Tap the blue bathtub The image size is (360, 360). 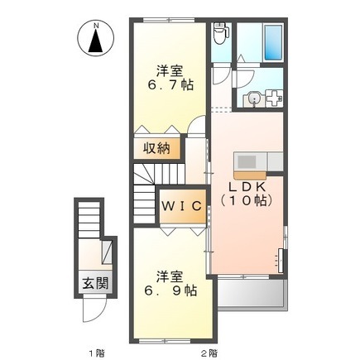(273, 42)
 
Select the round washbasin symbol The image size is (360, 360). (252, 98)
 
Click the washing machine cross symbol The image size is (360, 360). (274, 98)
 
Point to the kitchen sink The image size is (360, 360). (247, 161)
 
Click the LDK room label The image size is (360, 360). (247, 187)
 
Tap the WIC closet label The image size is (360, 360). (182, 206)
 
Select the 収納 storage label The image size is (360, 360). (156, 149)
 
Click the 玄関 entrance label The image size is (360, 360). (95, 283)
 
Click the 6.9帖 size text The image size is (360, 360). (171, 290)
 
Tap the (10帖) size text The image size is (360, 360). (247, 200)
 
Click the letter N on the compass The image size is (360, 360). (96, 26)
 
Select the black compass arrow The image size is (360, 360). (96, 41)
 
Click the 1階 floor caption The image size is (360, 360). (97, 353)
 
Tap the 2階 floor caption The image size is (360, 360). (209, 353)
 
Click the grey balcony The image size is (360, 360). (252, 294)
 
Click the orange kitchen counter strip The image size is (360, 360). (250, 175)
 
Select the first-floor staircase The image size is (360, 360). (89, 219)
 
